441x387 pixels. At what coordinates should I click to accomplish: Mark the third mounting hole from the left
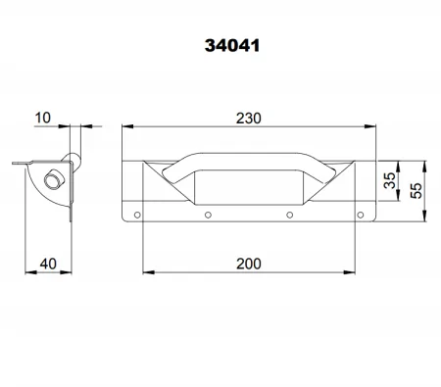(x=289, y=215)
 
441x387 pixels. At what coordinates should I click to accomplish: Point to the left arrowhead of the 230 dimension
(x=125, y=126)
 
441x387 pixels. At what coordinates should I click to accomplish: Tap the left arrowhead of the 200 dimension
(x=147, y=271)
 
